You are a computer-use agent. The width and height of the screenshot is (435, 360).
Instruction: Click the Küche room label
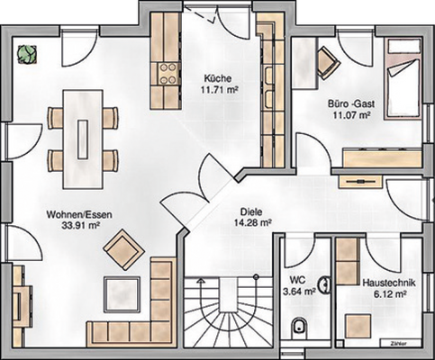(218, 78)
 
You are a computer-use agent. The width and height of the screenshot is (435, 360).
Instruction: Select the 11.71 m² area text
(217, 90)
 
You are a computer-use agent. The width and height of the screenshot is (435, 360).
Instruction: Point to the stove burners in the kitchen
(167, 71)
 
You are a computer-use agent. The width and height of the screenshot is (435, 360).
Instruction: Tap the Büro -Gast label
(350, 104)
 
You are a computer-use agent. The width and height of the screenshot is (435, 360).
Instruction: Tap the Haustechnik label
(386, 281)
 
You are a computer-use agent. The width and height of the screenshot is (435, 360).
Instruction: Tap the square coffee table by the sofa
(120, 293)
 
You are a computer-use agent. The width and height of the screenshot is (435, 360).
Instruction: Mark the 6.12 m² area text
(386, 292)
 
